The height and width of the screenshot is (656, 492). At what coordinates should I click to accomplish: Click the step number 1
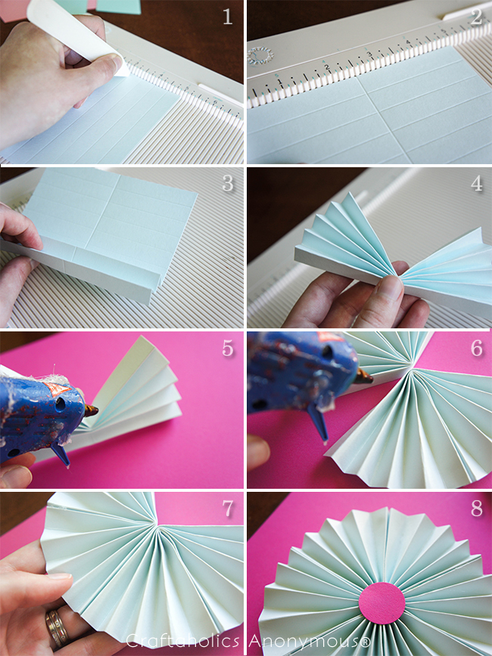point(227,17)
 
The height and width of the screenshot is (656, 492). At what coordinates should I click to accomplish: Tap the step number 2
point(475,17)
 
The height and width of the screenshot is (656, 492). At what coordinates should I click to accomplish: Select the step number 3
point(227,182)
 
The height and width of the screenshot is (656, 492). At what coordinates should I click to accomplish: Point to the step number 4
point(475,182)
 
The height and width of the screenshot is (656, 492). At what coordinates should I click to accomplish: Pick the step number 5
point(227,349)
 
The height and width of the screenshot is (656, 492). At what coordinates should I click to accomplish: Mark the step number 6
point(475,349)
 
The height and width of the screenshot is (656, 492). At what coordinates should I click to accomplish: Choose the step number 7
point(227,509)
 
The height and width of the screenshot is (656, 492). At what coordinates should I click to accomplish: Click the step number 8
point(475,509)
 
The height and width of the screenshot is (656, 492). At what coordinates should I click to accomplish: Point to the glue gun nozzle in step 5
point(92,411)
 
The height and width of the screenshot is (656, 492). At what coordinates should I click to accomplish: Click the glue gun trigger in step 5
point(61,455)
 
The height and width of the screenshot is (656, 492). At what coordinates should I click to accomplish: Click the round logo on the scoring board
point(259,55)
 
